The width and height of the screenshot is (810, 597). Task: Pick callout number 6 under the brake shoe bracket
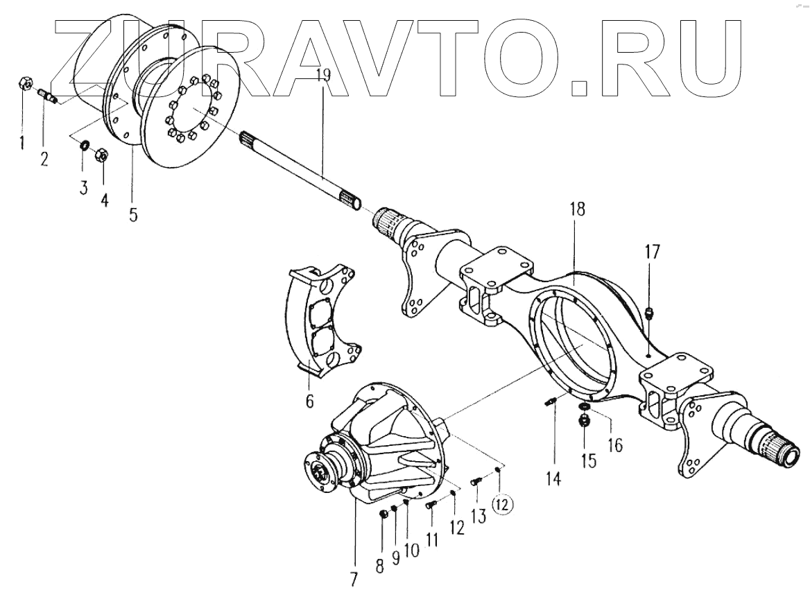click(309, 400)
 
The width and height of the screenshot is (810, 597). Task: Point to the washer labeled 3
click(84, 146)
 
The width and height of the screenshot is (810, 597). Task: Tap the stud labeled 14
click(552, 402)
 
